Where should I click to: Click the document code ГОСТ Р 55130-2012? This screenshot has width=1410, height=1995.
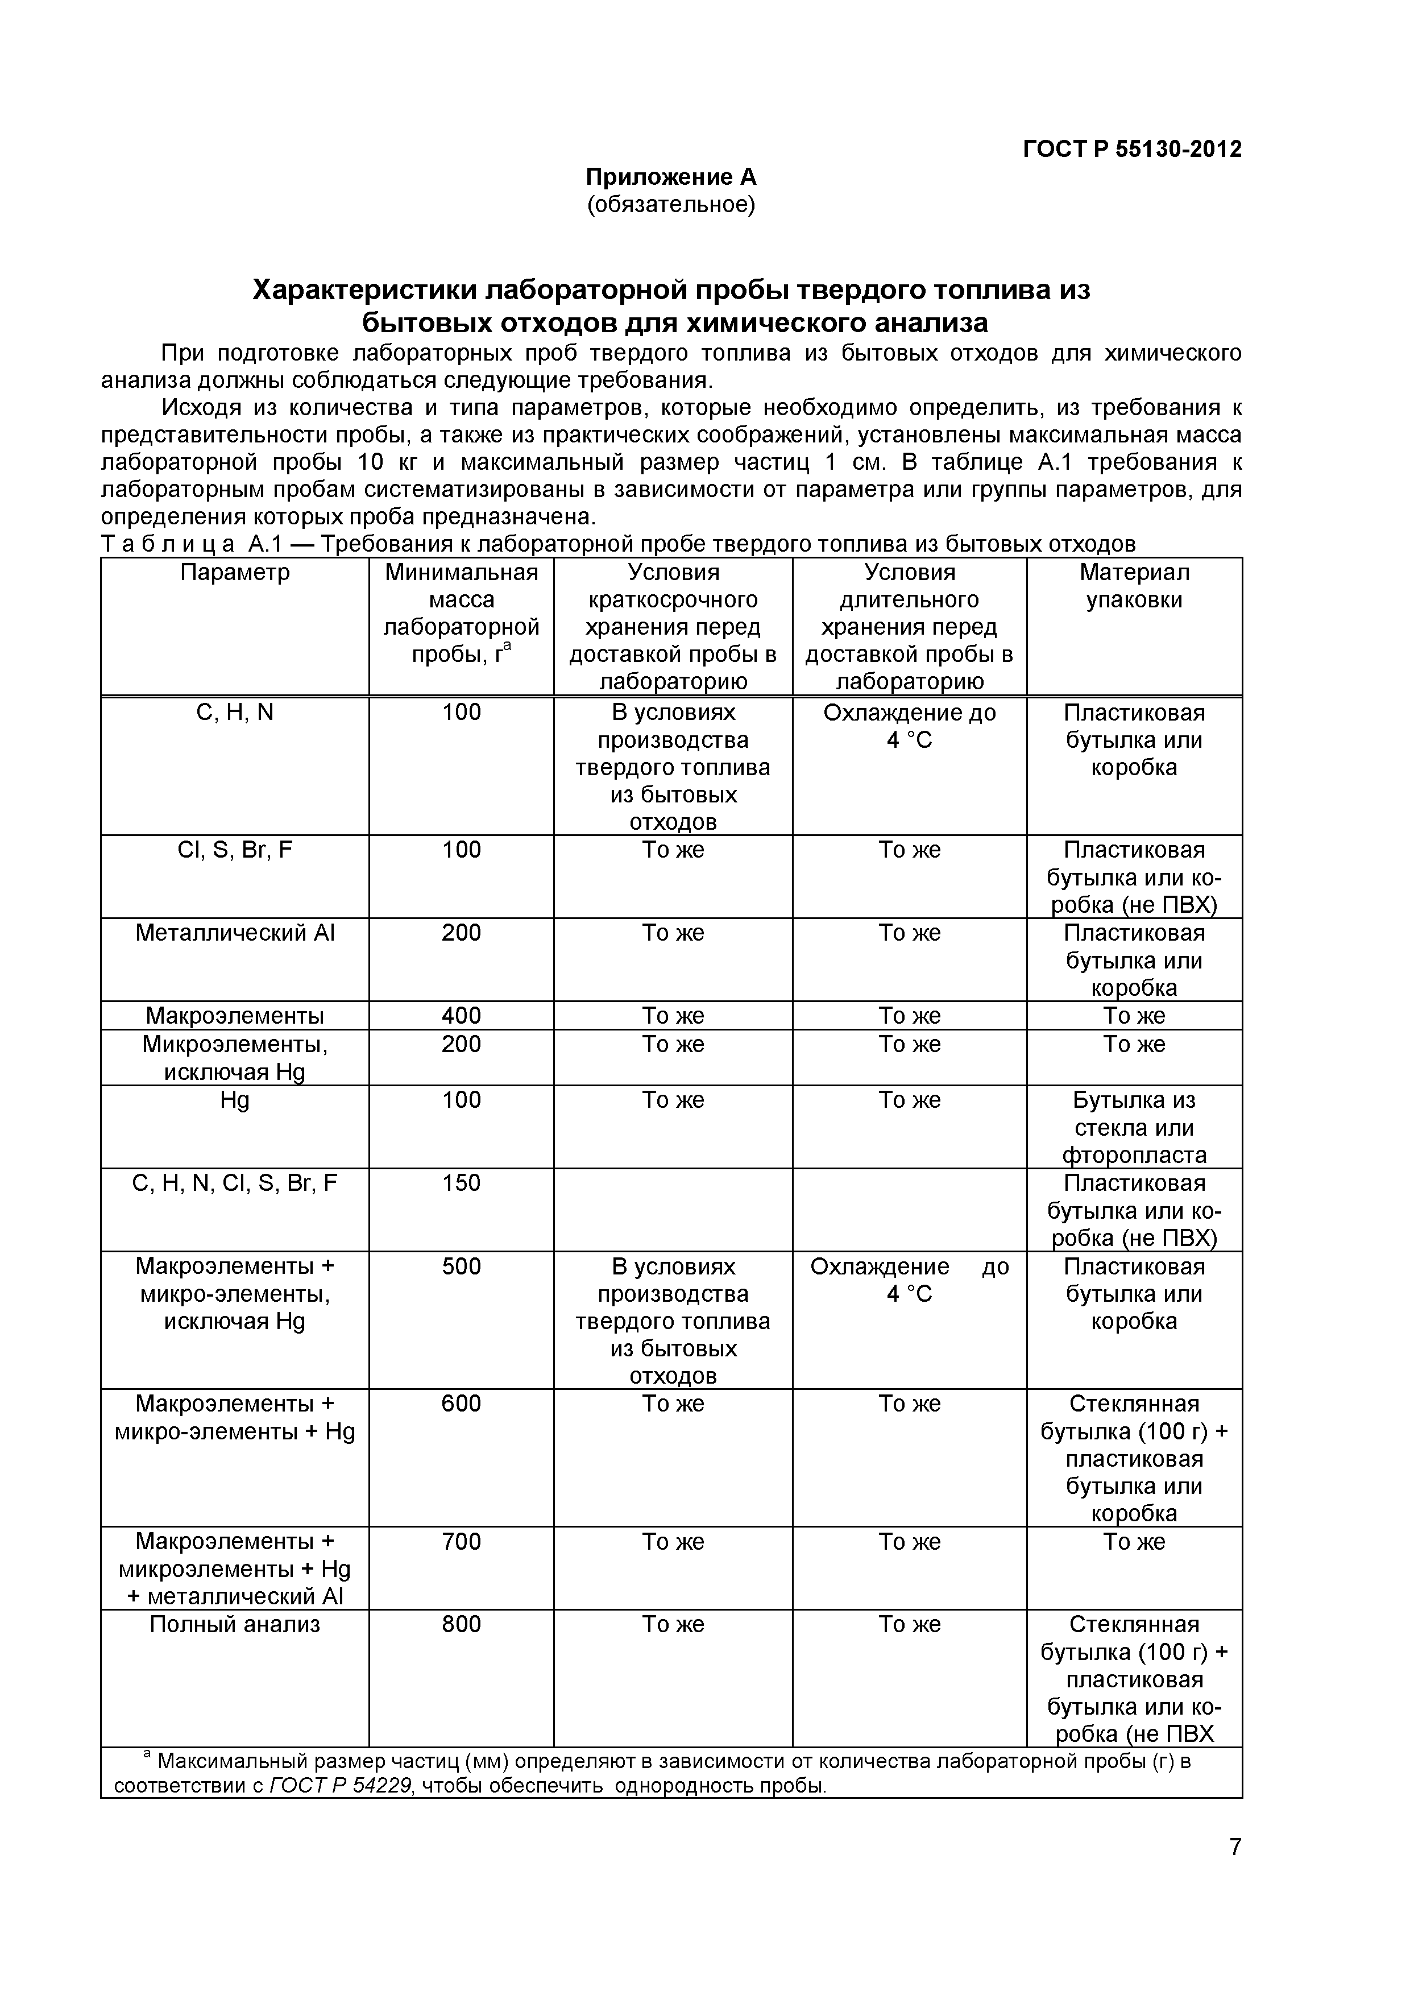[1131, 150]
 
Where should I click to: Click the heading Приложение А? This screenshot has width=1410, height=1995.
[671, 177]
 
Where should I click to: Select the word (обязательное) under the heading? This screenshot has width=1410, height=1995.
[671, 205]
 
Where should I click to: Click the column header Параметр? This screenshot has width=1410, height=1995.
[235, 573]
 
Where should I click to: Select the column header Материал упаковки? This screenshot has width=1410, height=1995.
[1134, 586]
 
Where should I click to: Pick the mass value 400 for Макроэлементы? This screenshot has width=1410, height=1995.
[461, 1016]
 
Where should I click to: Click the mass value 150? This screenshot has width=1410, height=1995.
[461, 1183]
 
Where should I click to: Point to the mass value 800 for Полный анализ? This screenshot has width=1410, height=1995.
[461, 1625]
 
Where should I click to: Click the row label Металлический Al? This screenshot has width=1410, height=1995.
[235, 933]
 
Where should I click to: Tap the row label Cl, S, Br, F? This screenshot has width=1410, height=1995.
[235, 850]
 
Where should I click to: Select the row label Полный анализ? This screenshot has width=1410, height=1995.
[235, 1625]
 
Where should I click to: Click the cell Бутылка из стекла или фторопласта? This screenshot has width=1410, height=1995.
[1134, 1128]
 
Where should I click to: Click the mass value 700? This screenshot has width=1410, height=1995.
[461, 1542]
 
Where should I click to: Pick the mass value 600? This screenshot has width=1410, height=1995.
[461, 1404]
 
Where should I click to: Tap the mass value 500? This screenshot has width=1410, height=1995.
[461, 1267]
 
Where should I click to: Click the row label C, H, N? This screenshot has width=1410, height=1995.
[235, 713]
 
